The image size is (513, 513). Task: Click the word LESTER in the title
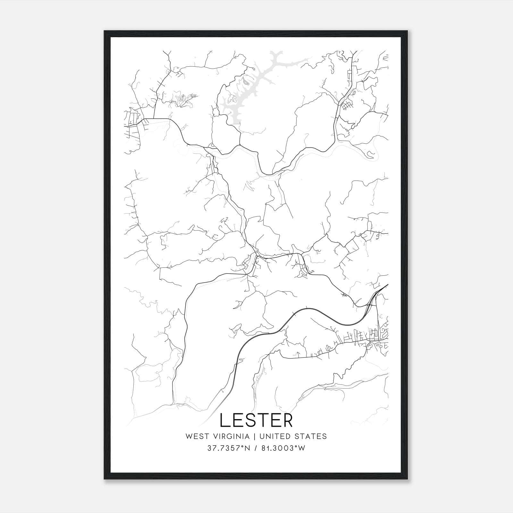256,420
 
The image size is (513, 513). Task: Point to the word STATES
311,436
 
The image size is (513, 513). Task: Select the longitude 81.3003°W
283,448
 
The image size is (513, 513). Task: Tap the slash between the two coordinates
256,448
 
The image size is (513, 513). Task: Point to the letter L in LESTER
225,420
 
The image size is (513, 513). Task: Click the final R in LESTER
287,420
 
